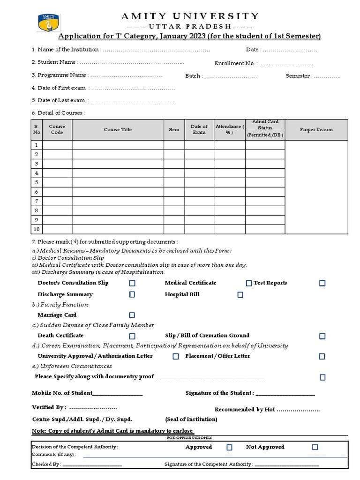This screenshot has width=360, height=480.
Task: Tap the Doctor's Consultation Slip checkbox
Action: click(x=132, y=283)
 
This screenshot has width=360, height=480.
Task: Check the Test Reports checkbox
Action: click(x=322, y=283)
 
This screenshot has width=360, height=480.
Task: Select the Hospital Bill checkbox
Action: click(x=240, y=295)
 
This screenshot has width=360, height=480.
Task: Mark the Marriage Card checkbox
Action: click(x=132, y=315)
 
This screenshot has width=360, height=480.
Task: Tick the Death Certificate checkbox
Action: click(x=132, y=336)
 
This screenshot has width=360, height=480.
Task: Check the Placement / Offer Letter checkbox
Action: click(x=322, y=357)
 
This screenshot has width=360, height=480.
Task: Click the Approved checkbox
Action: click(x=229, y=447)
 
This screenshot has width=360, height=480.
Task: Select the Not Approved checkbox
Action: click(x=315, y=447)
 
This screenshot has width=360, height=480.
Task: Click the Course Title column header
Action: click(x=118, y=130)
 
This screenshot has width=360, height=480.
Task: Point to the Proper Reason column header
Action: click(x=316, y=130)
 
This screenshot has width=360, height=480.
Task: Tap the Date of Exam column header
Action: click(x=199, y=130)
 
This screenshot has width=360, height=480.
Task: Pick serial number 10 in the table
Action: click(x=37, y=229)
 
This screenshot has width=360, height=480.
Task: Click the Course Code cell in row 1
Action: click(x=57, y=145)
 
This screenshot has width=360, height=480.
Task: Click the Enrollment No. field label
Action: click(x=236, y=63)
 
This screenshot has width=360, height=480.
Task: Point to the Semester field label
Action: click(x=298, y=75)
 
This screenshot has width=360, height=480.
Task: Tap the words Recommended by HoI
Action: click(x=245, y=410)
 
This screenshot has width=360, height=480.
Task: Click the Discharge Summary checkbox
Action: click(x=132, y=295)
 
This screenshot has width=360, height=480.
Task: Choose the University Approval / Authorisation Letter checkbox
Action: click(x=176, y=357)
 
